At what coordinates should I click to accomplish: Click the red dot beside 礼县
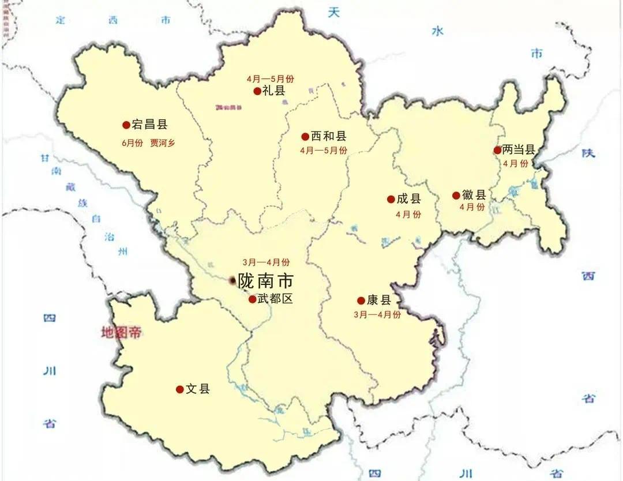tap(257, 91)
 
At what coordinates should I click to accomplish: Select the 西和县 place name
tap(328, 137)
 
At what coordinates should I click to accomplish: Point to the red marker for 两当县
tap(497, 150)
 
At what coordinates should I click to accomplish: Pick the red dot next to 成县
tap(391, 200)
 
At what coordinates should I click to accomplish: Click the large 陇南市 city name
tap(265, 281)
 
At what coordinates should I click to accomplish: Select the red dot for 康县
tap(361, 300)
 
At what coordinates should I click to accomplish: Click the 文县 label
tap(197, 389)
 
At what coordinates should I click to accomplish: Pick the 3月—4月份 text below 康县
tap(377, 314)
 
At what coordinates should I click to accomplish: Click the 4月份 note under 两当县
tap(515, 163)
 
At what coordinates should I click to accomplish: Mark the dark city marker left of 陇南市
tap(232, 280)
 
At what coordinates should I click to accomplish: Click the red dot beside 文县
tap(179, 389)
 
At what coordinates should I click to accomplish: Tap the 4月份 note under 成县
tap(408, 214)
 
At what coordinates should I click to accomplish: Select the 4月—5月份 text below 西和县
tap(324, 151)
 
